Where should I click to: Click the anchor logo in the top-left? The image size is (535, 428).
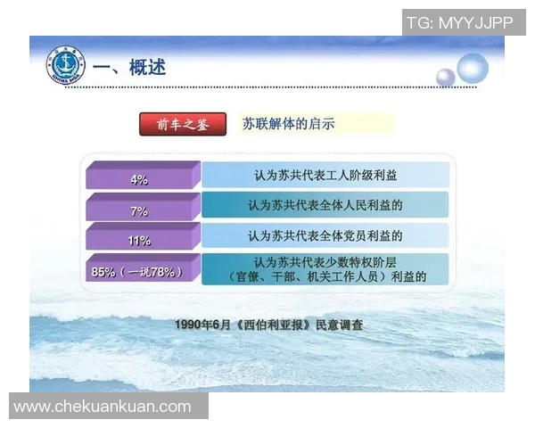tap(64, 65)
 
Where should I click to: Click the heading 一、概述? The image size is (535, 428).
tap(130, 68)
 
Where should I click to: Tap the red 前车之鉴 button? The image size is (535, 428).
tap(183, 125)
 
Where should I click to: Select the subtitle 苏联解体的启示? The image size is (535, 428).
tap(289, 125)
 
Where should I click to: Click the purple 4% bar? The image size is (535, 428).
tap(140, 177)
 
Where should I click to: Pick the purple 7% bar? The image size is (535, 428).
tap(140, 210)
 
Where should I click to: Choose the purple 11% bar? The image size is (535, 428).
tap(140, 240)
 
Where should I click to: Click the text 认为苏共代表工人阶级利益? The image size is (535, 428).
tap(325, 176)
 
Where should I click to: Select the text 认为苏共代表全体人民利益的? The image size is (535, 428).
tap(325, 206)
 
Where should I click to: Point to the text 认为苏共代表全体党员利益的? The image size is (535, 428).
tap(325, 236)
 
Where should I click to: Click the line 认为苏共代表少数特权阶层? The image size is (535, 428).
tap(325, 263)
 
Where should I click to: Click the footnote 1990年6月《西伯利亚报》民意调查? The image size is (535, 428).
tap(269, 325)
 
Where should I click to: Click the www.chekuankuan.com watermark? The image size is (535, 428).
tap(103, 407)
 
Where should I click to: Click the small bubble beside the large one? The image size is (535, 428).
tap(445, 78)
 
